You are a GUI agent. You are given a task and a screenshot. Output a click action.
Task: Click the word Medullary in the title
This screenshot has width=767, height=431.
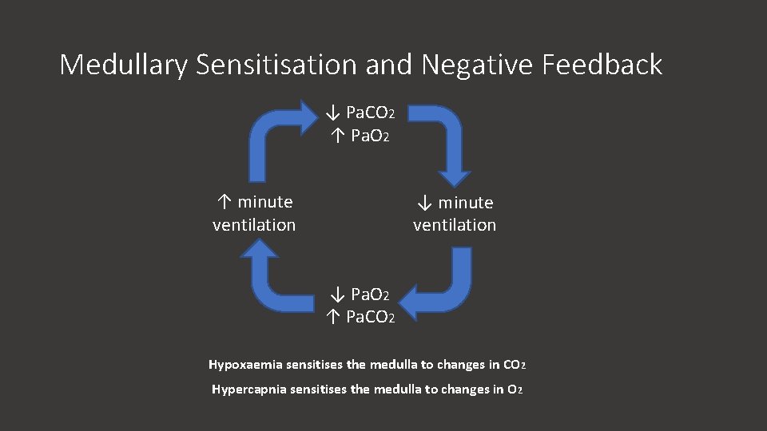coord(122,65)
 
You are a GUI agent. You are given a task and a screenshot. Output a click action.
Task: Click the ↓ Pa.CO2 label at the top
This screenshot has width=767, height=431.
coord(360,112)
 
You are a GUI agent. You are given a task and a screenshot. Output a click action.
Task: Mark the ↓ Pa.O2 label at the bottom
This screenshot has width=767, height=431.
coord(360,295)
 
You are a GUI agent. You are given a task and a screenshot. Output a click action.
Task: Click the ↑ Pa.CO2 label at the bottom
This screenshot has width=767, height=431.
coord(360,318)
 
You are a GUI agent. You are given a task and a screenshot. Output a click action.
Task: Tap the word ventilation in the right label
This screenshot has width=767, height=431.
coord(455,226)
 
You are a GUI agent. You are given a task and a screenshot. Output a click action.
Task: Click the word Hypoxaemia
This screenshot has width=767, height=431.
coord(241,365)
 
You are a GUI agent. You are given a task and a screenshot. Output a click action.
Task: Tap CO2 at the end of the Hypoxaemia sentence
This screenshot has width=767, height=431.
coord(515,366)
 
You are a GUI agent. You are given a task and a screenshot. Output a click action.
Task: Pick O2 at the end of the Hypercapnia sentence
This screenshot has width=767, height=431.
coord(515,390)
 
